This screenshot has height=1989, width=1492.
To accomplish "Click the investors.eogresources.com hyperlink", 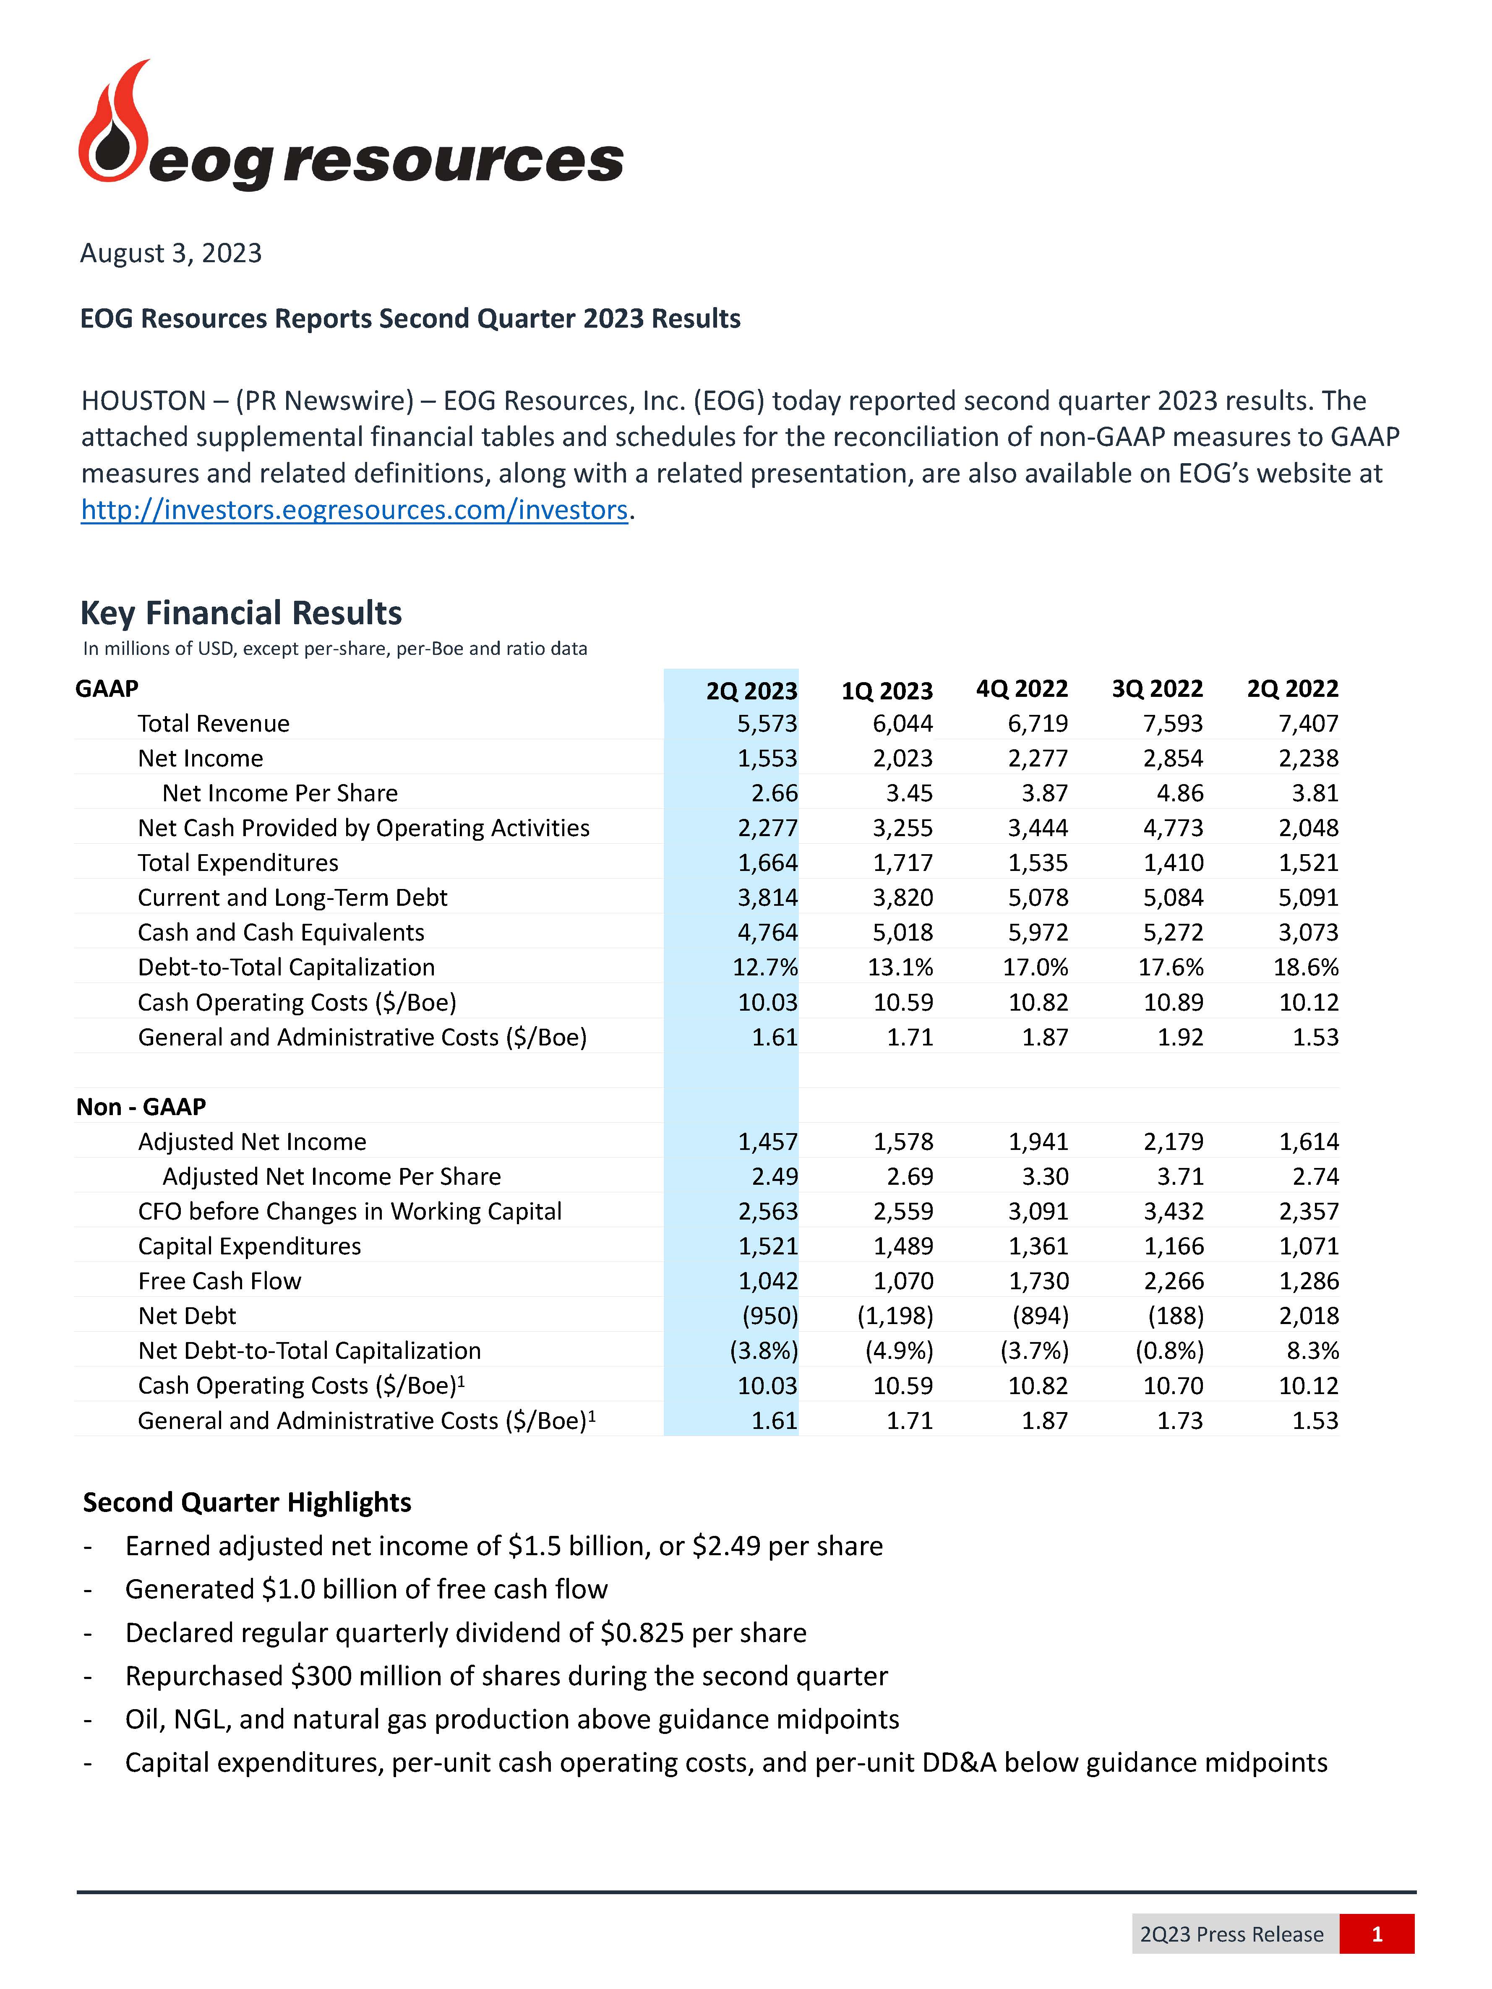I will pyautogui.click(x=353, y=510).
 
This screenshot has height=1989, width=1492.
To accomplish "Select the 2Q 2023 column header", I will pyautogui.click(x=751, y=691).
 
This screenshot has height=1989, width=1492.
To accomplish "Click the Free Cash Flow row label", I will pyautogui.click(x=219, y=1280).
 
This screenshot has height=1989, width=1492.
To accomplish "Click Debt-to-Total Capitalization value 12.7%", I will pyautogui.click(x=764, y=967).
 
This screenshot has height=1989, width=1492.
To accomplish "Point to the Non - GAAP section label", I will pyautogui.click(x=141, y=1107).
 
